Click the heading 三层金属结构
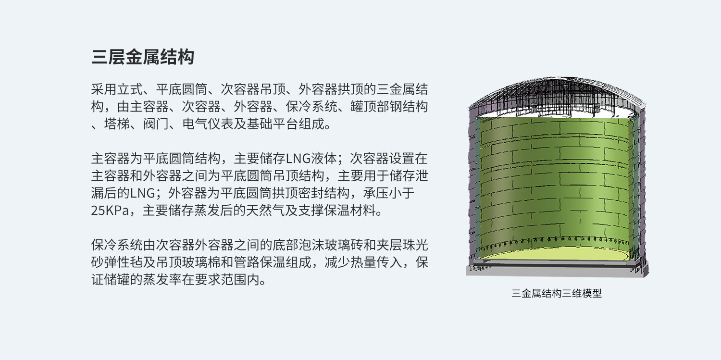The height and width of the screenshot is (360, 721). click(143, 57)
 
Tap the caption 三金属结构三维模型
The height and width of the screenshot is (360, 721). click(557, 293)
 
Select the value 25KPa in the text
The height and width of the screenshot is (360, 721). click(110, 211)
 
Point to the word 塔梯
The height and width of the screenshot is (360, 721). click(117, 124)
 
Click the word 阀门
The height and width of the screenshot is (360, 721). click(156, 124)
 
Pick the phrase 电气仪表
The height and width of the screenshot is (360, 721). click(208, 124)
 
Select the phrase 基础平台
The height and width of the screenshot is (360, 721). click(273, 124)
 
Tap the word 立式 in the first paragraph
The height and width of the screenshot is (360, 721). click(130, 89)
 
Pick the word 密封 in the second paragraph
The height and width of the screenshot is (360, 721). click(311, 193)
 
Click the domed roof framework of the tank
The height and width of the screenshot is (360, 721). click(557, 93)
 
